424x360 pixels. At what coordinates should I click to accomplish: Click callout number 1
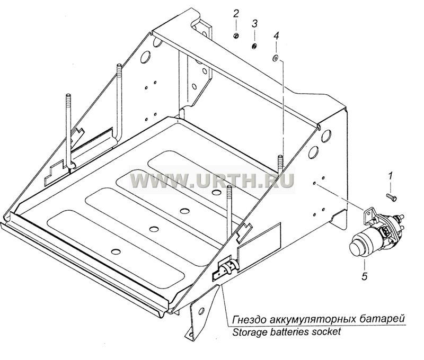click(390, 177)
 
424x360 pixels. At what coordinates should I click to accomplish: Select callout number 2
click(236, 14)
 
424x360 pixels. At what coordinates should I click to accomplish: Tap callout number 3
click(255, 24)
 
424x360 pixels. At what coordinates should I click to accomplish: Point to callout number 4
click(276, 36)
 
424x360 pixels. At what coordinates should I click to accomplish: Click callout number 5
click(364, 276)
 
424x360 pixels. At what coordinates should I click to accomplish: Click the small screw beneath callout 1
click(391, 196)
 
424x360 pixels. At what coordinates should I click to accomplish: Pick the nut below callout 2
click(236, 35)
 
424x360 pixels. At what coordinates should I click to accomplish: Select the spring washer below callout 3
click(254, 47)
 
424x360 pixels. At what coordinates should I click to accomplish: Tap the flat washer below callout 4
click(276, 58)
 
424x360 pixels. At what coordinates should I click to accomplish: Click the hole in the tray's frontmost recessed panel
click(116, 251)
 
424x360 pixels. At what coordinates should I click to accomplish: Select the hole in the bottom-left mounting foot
click(201, 310)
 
